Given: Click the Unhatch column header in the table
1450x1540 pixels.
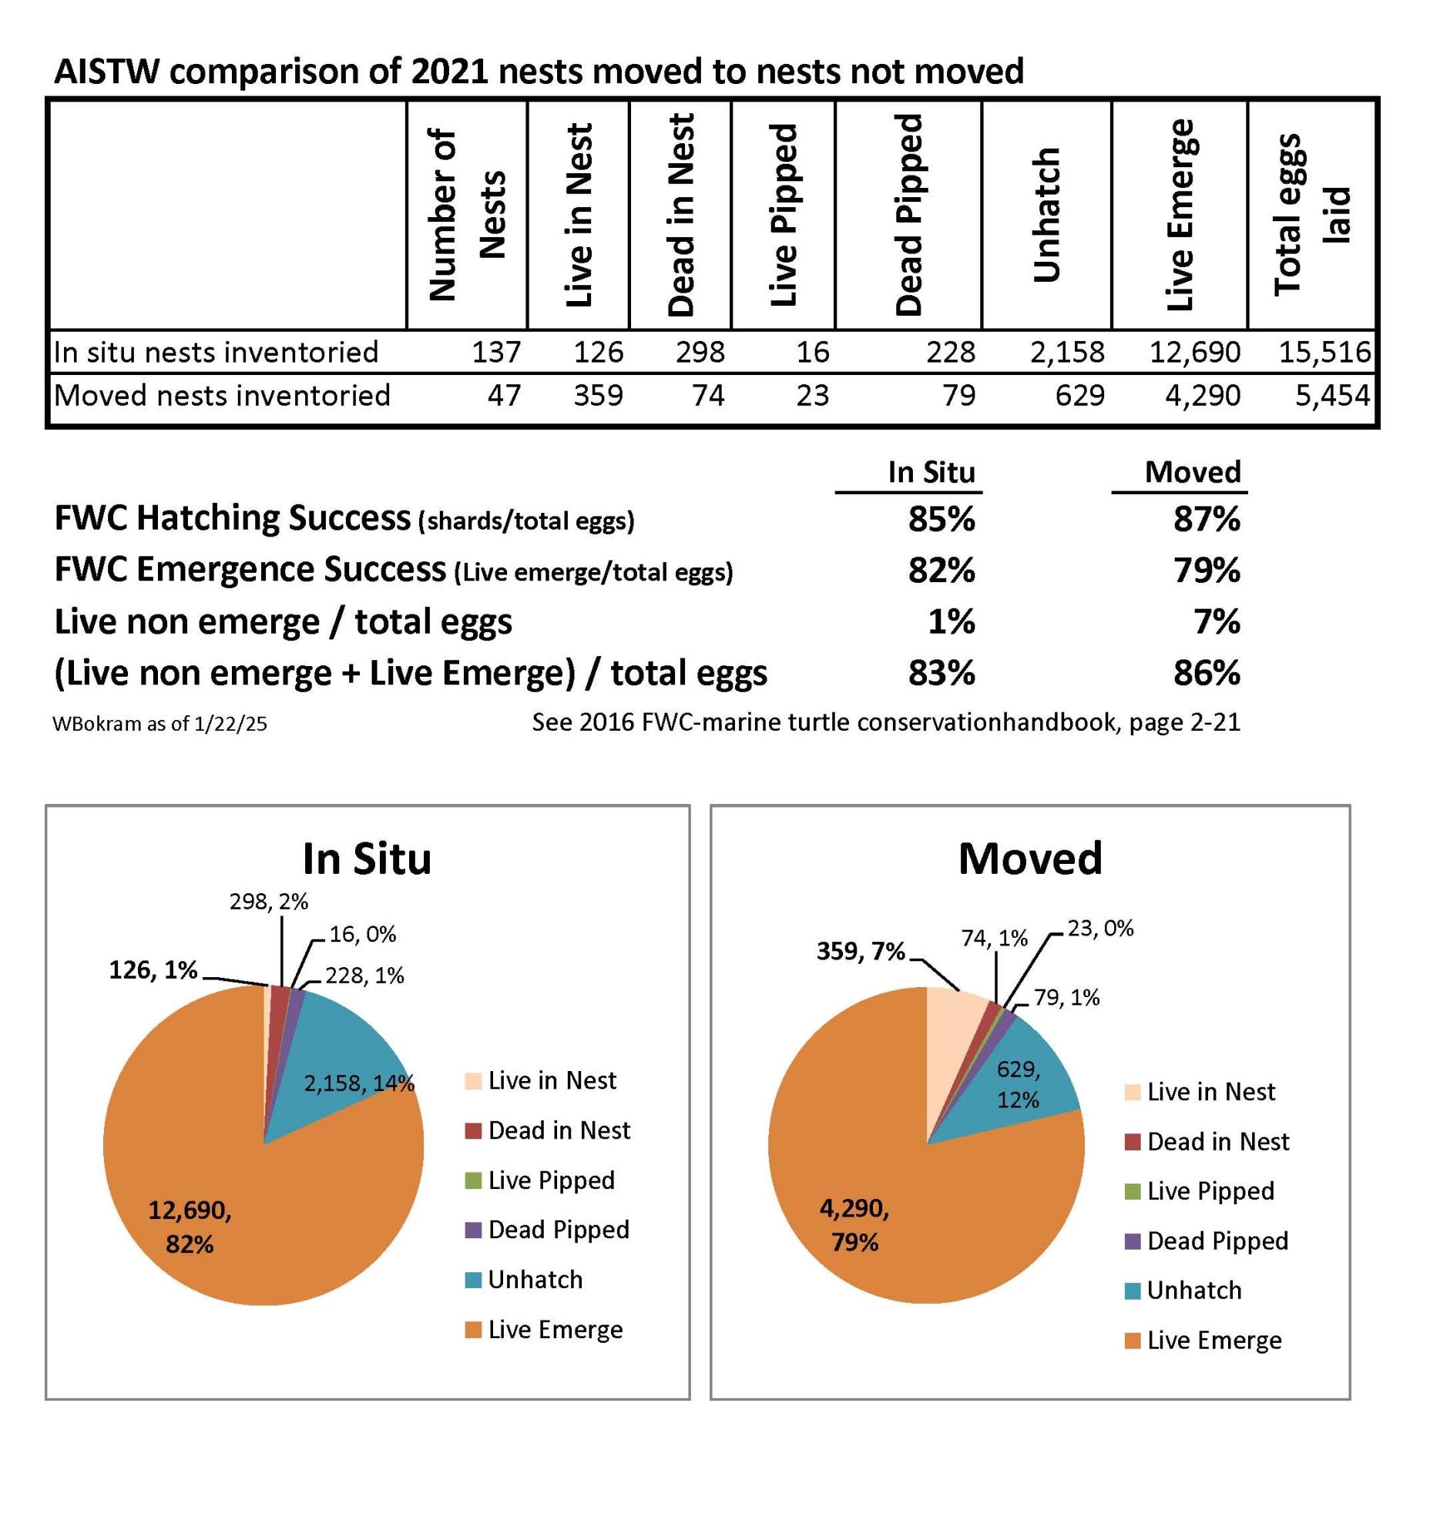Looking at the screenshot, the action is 1046,215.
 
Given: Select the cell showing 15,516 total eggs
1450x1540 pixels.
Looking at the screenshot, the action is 1324,353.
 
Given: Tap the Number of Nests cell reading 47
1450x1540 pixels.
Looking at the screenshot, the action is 504,396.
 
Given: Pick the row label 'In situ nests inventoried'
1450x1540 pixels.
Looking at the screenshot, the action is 216,353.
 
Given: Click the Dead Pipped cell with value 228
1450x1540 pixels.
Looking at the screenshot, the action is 951,353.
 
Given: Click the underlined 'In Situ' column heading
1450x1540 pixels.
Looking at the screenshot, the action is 931,472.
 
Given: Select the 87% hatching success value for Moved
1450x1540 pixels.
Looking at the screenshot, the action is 1207,518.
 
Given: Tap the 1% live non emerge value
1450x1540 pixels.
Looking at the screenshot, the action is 952,621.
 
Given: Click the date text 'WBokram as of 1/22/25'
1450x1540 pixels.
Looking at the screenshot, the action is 159,724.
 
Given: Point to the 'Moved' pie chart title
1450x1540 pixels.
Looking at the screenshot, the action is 1030,859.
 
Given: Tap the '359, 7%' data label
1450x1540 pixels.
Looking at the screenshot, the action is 861,950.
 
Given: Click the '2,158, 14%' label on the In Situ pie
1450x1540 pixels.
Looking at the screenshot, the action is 359,1082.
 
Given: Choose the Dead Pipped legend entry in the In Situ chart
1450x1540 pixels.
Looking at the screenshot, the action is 547,1230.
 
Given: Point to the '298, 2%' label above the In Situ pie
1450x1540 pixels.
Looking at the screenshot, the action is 269,901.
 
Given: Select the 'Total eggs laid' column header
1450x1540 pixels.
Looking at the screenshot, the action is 1310,215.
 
